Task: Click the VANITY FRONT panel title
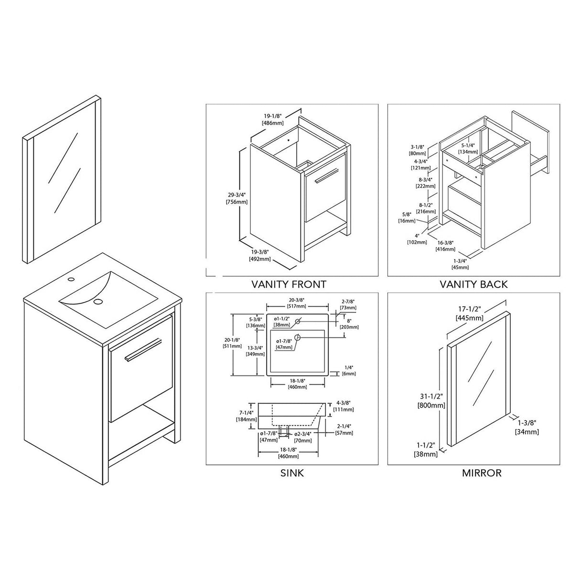pyautogui.click(x=289, y=284)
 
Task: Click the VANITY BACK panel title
pyautogui.click(x=473, y=284)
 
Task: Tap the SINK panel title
pyautogui.click(x=291, y=473)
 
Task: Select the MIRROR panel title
pyautogui.click(x=482, y=473)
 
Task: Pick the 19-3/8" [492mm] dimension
pyautogui.click(x=260, y=255)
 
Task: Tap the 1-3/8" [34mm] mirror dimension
pyautogui.click(x=526, y=427)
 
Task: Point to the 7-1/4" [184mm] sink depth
pyautogui.click(x=247, y=416)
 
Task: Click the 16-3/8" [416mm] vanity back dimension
pyautogui.click(x=445, y=246)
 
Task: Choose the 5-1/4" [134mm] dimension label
pyautogui.click(x=468, y=148)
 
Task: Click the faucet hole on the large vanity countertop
pyautogui.click(x=71, y=279)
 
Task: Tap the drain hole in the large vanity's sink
pyautogui.click(x=98, y=301)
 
